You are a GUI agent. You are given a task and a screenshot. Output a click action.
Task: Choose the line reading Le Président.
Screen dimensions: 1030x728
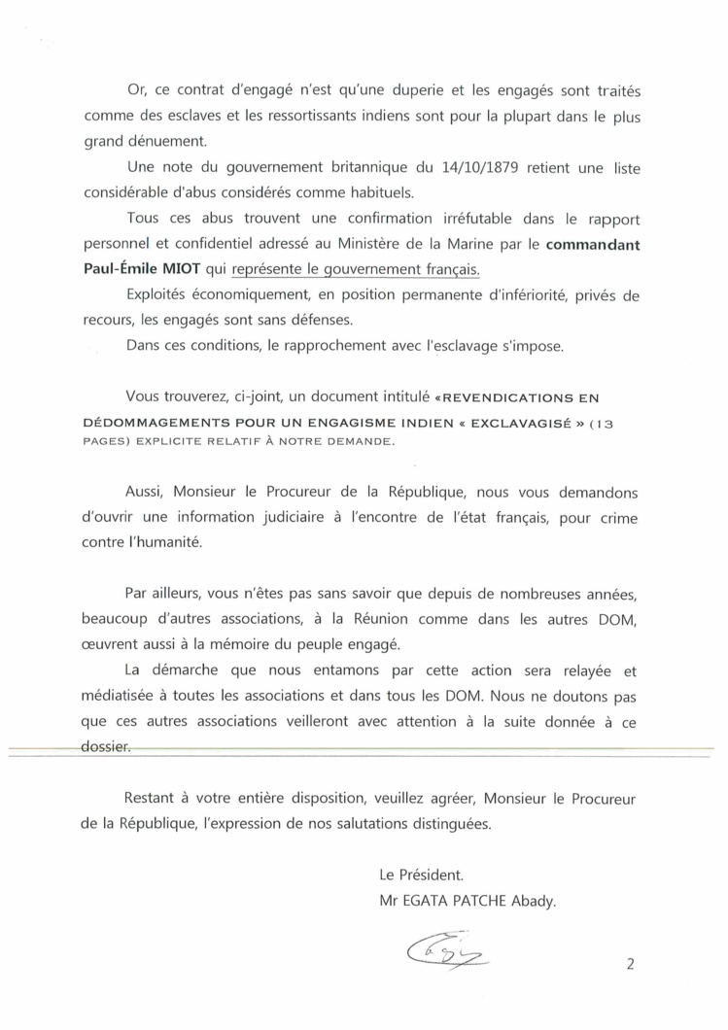(x=417, y=874)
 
